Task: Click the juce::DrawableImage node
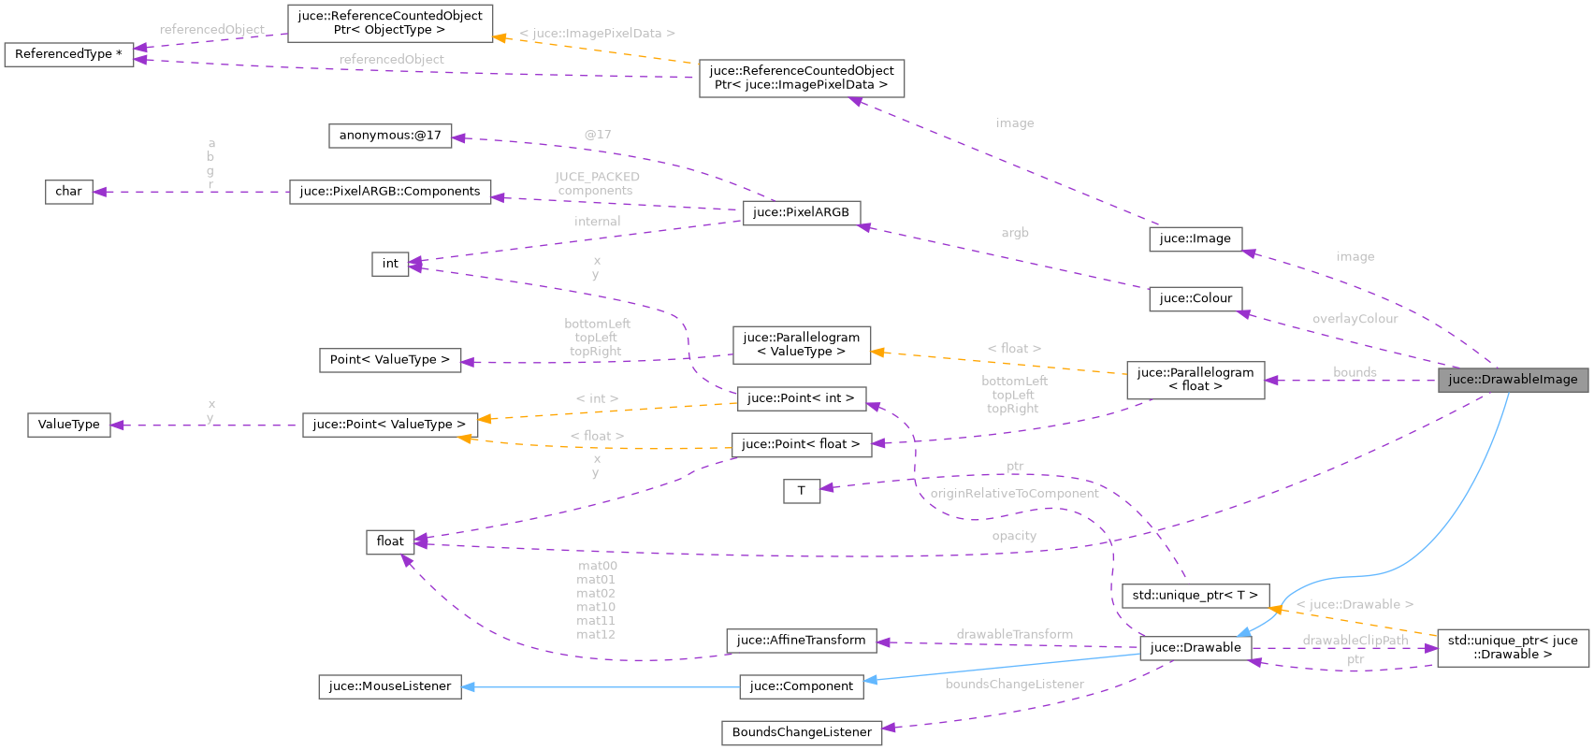1513,380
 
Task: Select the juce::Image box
1195,238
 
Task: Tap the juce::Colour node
1195,298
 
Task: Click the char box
68,192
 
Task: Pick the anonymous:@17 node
389,136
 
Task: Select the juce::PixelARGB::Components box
389,192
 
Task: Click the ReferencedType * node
68,54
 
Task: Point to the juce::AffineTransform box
801,641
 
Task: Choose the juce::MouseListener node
389,686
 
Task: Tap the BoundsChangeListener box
801,732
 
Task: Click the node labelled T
801,491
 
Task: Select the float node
389,541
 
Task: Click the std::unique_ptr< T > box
1195,596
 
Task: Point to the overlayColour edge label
1355,319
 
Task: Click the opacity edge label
1014,536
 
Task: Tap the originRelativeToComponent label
1014,494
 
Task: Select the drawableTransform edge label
1014,634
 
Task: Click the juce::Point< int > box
801,398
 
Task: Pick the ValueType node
68,425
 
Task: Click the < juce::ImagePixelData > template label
597,34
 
